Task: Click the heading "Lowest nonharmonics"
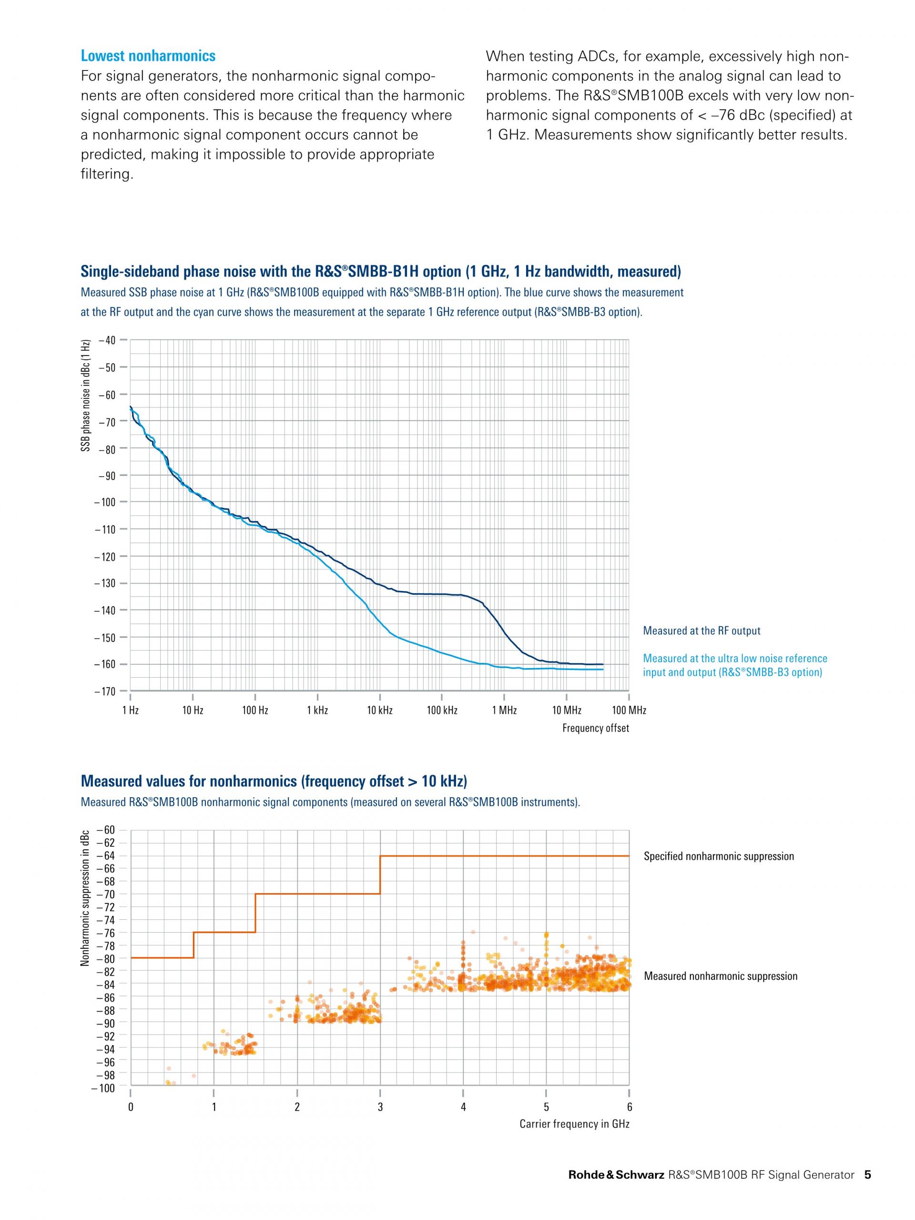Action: tap(148, 56)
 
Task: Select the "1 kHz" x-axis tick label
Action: tap(317, 711)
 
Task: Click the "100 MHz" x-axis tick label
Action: tap(629, 711)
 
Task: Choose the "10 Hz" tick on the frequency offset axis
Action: tap(193, 711)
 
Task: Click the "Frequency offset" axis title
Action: tap(595, 728)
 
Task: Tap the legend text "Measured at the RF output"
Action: tap(701, 631)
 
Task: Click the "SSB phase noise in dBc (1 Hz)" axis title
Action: tap(85, 396)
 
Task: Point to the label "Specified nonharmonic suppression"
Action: tap(719, 856)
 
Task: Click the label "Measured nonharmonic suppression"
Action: tap(720, 976)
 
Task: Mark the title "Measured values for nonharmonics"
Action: tap(274, 782)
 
